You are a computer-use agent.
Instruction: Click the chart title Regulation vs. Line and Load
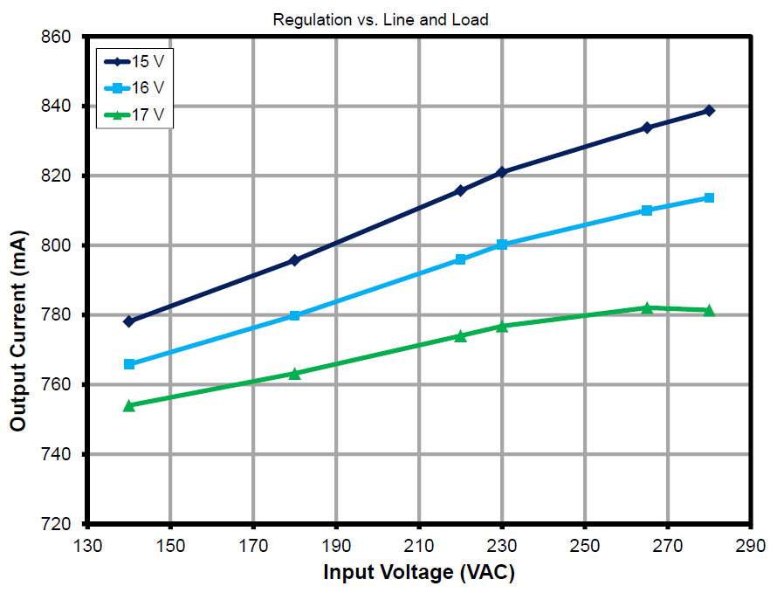coord(381,19)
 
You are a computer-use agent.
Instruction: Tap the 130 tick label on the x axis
coord(86,546)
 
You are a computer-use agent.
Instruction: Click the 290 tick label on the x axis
coord(750,546)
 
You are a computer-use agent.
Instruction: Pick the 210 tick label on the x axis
coord(419,546)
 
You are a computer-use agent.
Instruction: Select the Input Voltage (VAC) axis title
coord(418,573)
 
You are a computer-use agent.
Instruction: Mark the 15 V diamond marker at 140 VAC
coord(129,321)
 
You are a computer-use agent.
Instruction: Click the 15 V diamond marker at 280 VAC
coord(709,111)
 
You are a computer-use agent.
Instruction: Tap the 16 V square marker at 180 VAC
coord(294,315)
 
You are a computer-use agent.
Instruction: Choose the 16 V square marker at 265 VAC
coord(647,210)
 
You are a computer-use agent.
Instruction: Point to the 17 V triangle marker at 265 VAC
coord(647,307)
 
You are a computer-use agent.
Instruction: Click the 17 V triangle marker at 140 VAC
coord(129,405)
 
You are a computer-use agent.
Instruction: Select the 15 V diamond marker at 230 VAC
coord(502,172)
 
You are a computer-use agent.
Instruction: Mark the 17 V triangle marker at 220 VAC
coord(460,335)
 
